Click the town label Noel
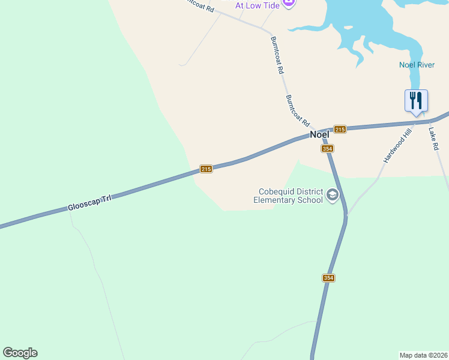tap(319, 135)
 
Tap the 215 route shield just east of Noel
tap(340, 130)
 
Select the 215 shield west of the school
tap(206, 170)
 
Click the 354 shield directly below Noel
tap(327, 149)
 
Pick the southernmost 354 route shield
tap(328, 278)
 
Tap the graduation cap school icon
tap(333, 194)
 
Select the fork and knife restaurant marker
tap(416, 100)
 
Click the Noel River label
tap(416, 65)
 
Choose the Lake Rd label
tap(434, 137)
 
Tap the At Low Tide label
tap(256, 5)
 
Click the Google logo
tap(20, 353)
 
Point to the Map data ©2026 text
tap(423, 355)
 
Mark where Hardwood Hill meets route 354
tap(347, 215)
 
